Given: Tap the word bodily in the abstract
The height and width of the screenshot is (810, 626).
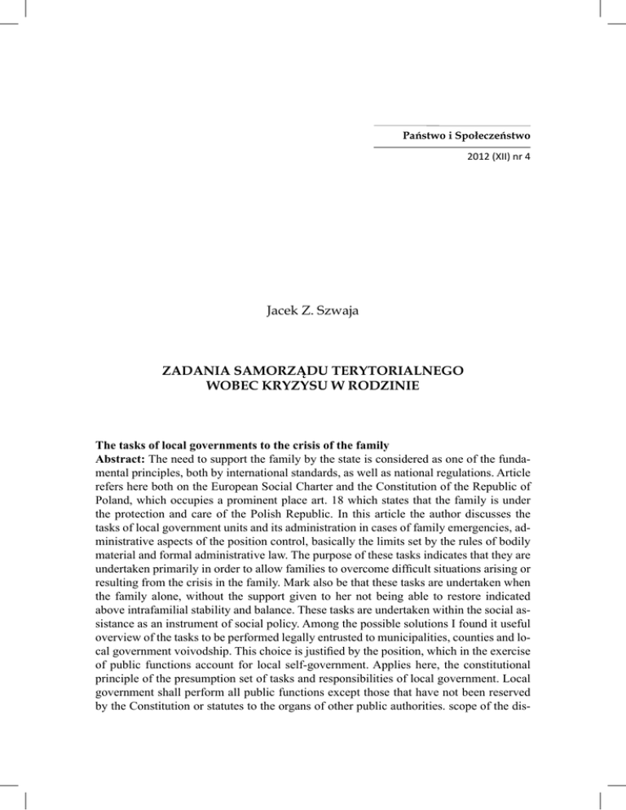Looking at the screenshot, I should (512, 558).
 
